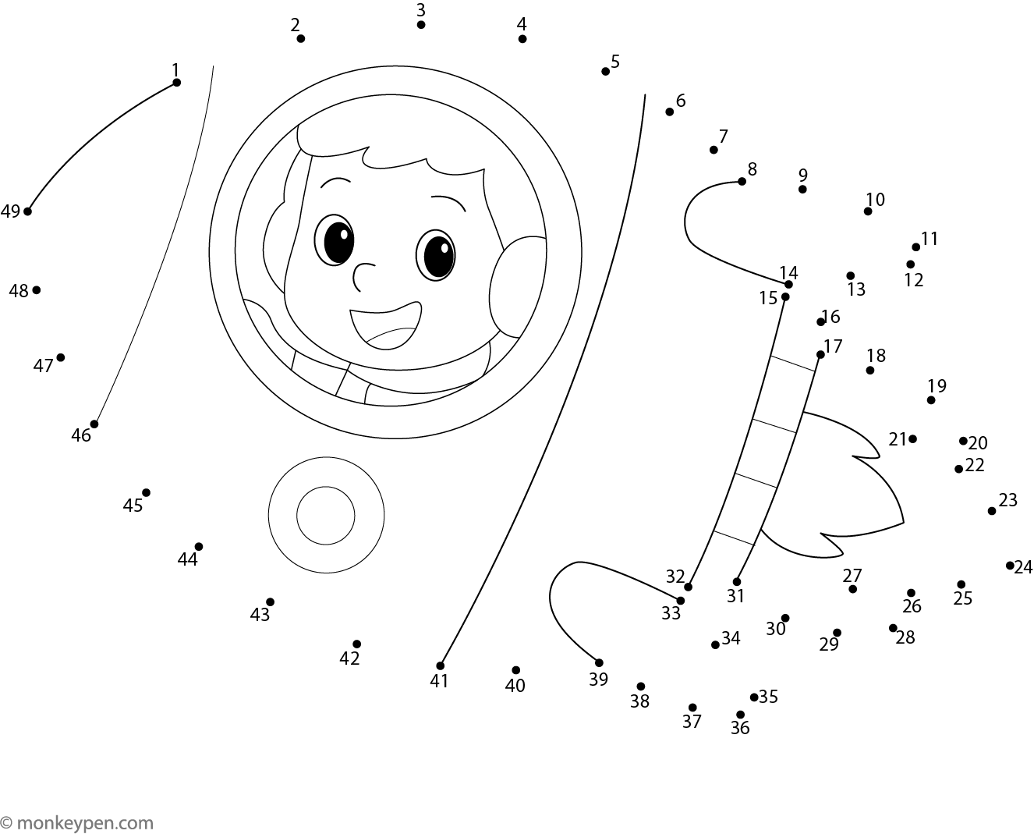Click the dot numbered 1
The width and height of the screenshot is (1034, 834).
(x=176, y=83)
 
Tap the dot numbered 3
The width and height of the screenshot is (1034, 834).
(x=421, y=25)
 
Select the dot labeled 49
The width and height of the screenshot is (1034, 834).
(x=28, y=211)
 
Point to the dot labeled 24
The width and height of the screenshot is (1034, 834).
(x=1010, y=566)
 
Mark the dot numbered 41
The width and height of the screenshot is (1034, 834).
(x=440, y=665)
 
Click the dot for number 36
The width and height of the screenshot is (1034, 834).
(x=741, y=715)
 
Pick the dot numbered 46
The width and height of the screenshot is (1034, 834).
(x=94, y=424)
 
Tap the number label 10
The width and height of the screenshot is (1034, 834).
(x=875, y=200)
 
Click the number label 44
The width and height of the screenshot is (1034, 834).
(x=187, y=559)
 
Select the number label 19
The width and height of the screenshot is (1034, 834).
(x=937, y=385)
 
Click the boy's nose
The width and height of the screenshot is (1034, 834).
(x=363, y=277)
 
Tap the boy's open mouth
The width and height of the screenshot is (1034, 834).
(x=386, y=325)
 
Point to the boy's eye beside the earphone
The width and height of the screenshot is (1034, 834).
(x=435, y=255)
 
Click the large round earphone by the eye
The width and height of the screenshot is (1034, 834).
(x=517, y=286)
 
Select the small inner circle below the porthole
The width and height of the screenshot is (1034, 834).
(x=326, y=516)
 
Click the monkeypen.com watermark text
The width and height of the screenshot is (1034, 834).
(x=77, y=822)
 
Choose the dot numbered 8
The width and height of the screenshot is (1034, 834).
(x=742, y=182)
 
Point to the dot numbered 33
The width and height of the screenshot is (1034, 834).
(x=680, y=601)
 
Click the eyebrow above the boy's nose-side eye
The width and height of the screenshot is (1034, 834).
(x=336, y=181)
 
